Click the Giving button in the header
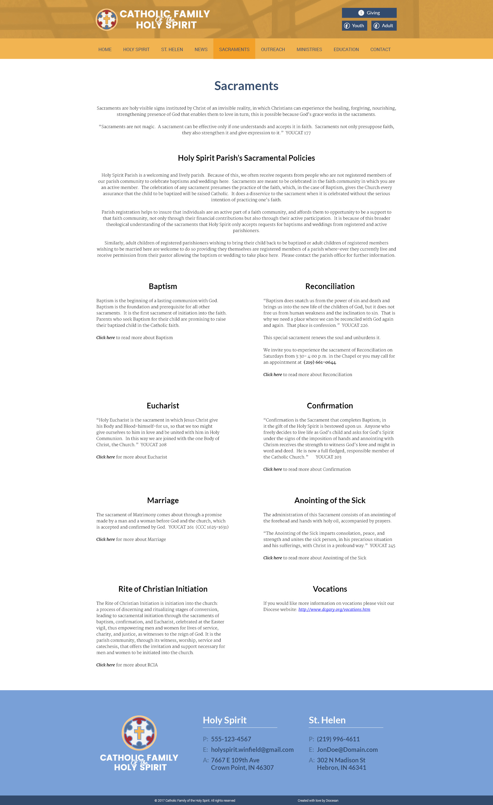[x=369, y=13]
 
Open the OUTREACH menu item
[x=273, y=49]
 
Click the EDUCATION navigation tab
[x=346, y=49]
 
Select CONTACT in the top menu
[x=380, y=49]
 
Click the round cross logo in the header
[x=107, y=20]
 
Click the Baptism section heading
[x=163, y=286]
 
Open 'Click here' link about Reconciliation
[x=272, y=375]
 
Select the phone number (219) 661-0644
[x=319, y=362]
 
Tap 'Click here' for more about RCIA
[x=106, y=665]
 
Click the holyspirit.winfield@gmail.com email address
[x=252, y=750]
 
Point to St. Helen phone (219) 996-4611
[x=338, y=739]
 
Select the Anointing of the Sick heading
[x=330, y=500]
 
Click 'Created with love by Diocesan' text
[x=318, y=800]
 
